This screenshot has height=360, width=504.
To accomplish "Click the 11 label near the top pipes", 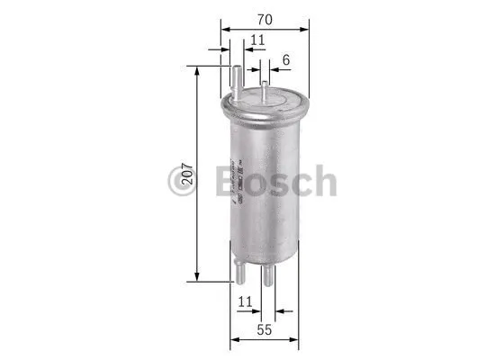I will coord(257,40).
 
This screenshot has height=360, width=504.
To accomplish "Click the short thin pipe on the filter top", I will coord(265,88).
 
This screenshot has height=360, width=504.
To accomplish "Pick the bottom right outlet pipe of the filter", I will coord(268,274).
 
